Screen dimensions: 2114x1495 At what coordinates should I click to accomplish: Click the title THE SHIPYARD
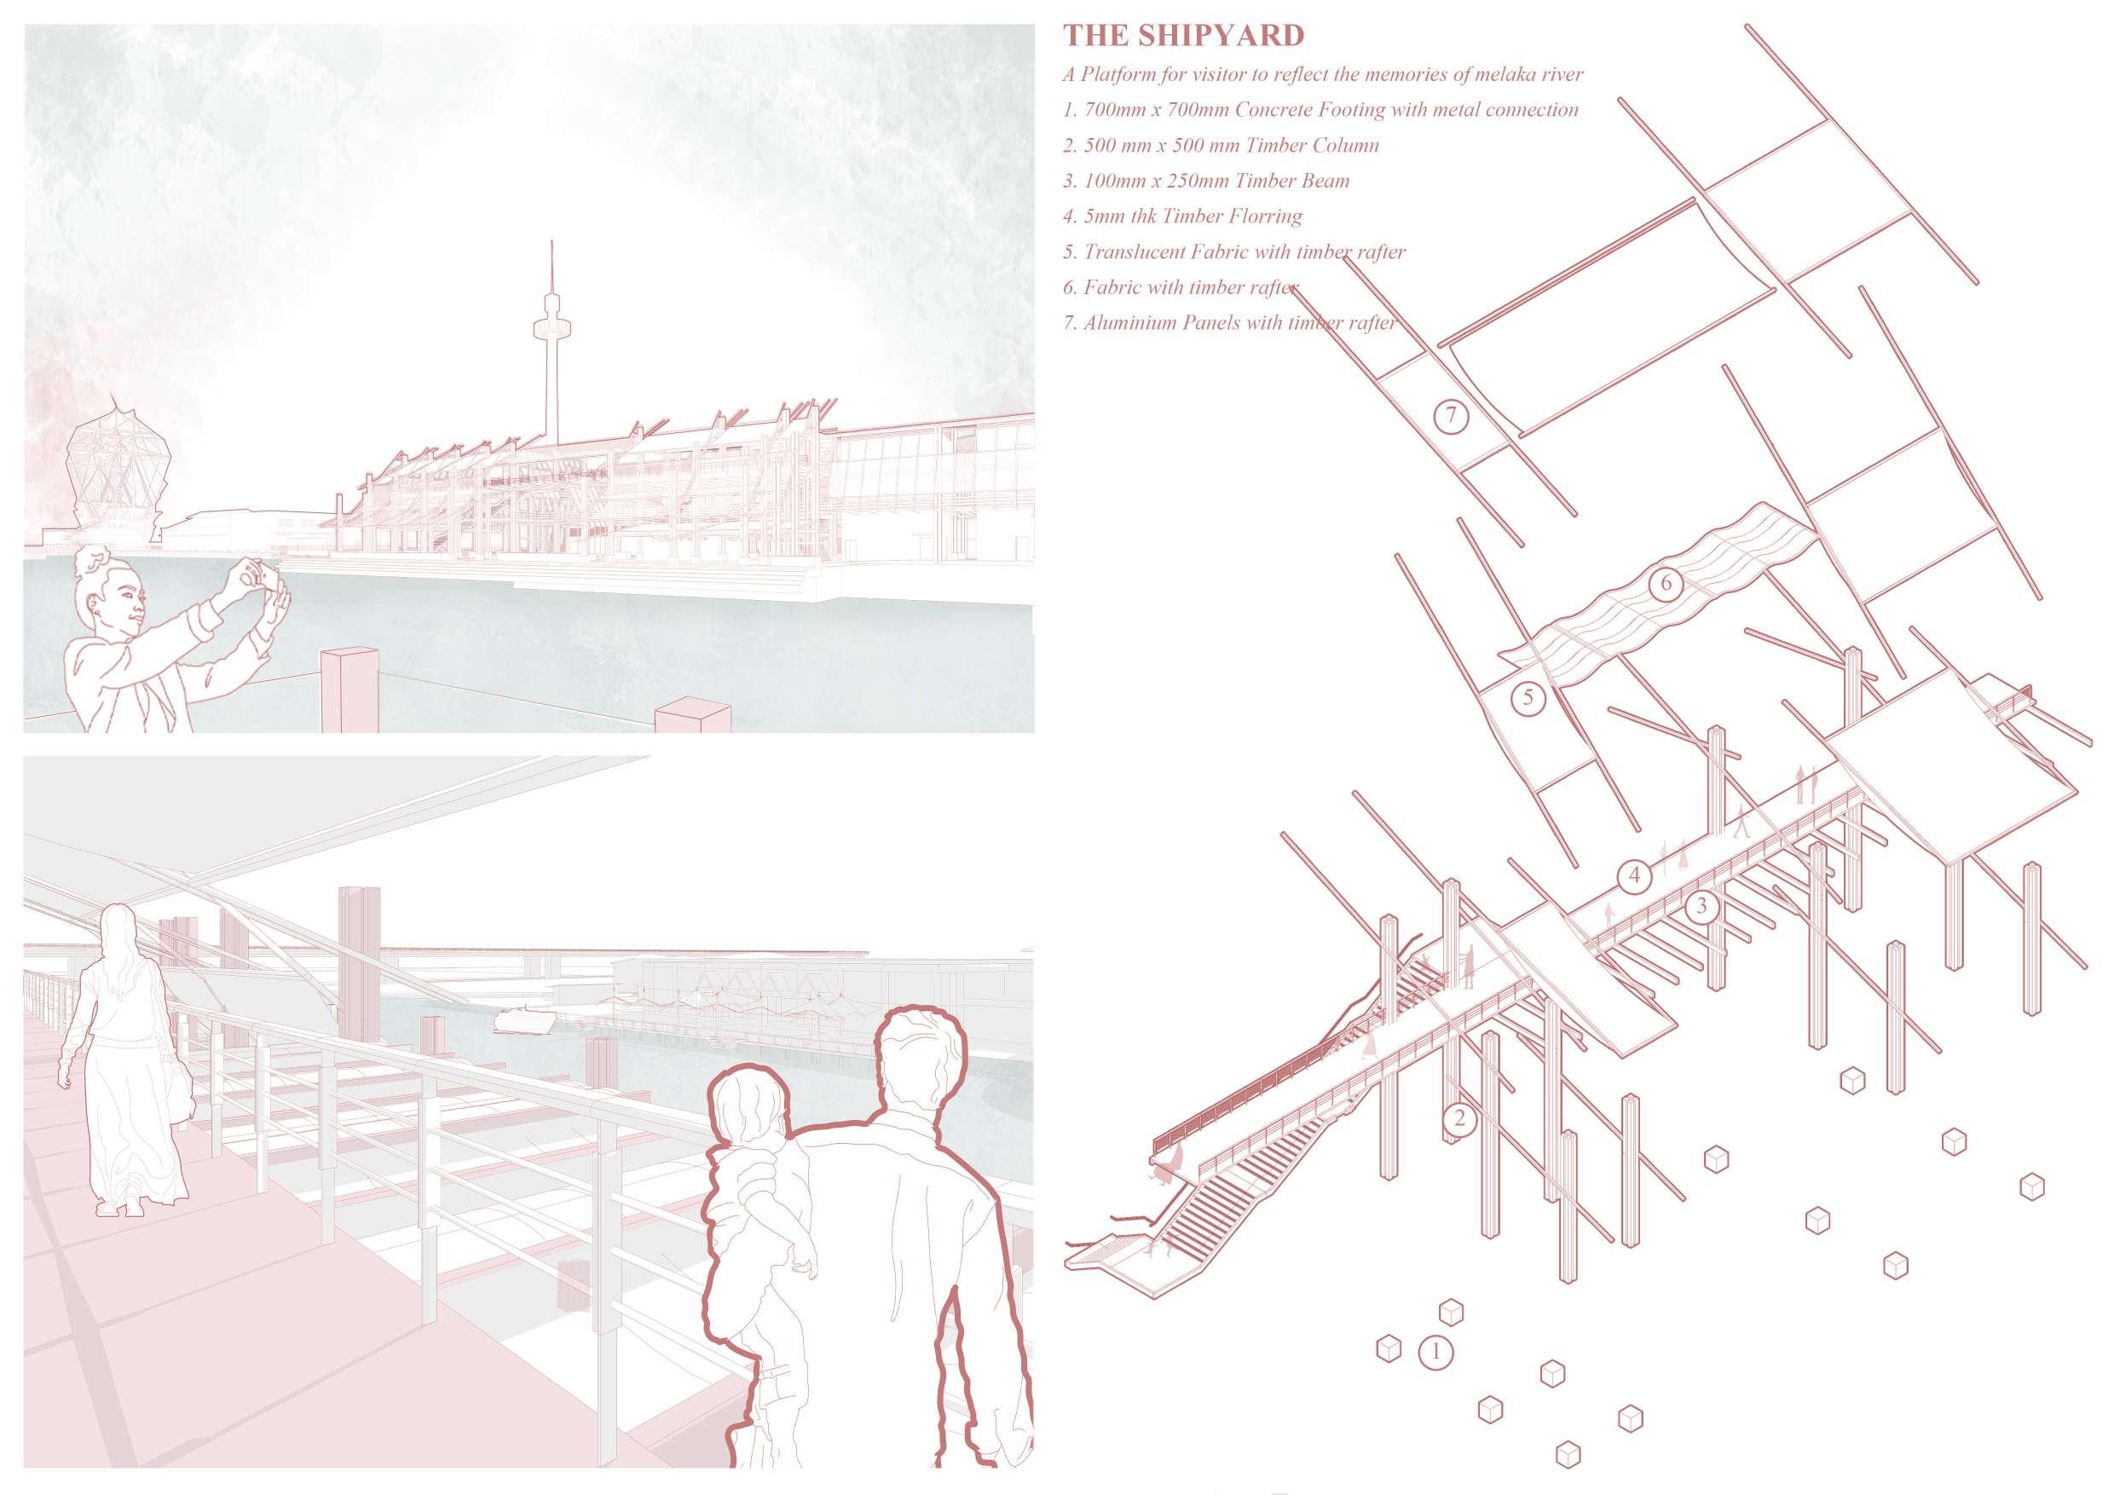coord(1183,36)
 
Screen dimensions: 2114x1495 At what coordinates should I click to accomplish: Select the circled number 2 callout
coord(1458,1119)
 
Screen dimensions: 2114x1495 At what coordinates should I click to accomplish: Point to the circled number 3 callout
coord(1701,907)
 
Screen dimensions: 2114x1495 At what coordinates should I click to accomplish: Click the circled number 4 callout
coord(1634,874)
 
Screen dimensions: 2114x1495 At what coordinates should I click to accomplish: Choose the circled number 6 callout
coord(1666,584)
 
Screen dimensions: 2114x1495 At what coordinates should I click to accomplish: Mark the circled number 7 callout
coord(1451,416)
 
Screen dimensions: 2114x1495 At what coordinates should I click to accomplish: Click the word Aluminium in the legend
coord(1129,323)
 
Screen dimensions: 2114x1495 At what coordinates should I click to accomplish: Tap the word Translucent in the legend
coord(1137,252)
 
